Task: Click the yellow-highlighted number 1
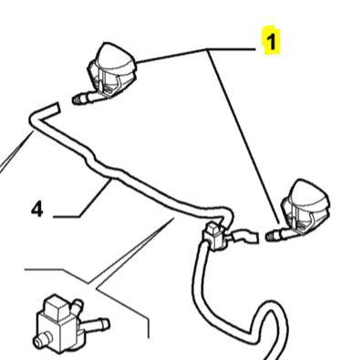271,42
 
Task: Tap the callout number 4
37,210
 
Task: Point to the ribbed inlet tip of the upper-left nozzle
78,99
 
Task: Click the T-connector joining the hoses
215,236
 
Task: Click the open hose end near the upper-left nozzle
54,108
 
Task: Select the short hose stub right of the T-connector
244,236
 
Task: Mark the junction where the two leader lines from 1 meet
208,50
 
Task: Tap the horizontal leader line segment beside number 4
67,217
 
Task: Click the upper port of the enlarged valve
78,304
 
